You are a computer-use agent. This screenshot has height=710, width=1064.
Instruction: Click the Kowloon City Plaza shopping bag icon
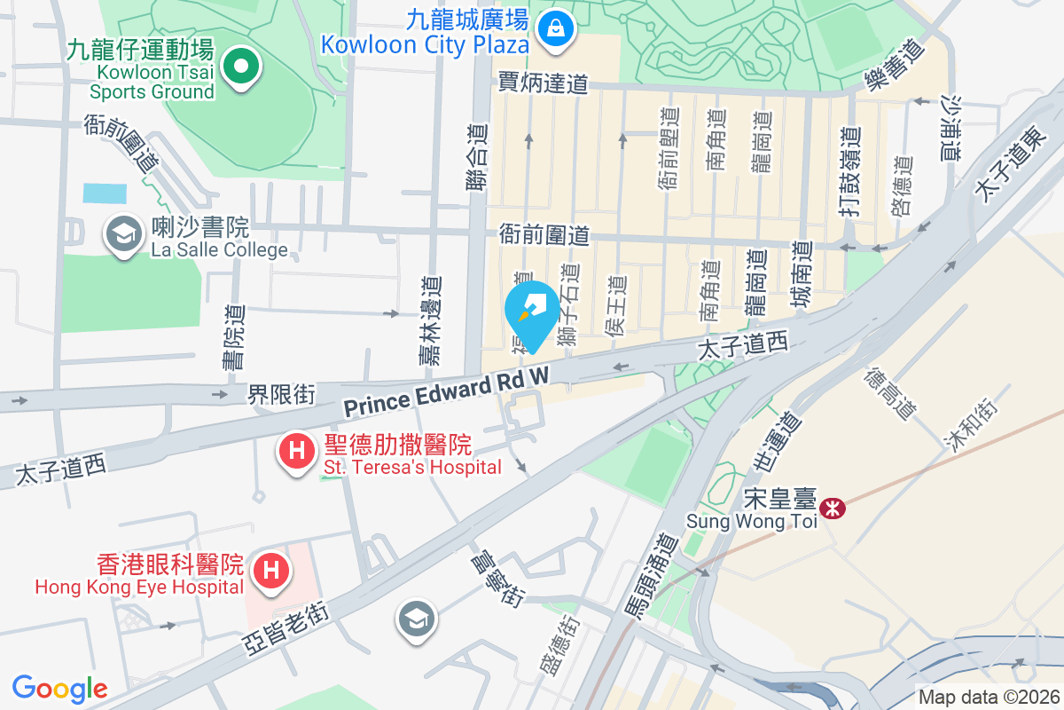[x=556, y=28]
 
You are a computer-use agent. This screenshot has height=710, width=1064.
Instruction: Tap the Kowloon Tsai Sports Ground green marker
[x=239, y=66]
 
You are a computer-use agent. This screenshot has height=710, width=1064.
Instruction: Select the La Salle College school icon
[x=123, y=235]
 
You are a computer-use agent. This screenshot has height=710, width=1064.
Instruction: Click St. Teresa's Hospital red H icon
[x=297, y=450]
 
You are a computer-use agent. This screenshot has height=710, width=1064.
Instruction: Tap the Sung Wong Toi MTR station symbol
[x=833, y=509]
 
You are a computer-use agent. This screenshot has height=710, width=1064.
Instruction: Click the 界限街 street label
[x=281, y=394]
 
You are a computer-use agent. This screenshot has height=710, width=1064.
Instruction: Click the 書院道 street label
[x=234, y=337]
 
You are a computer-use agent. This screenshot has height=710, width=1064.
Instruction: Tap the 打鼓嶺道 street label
[x=850, y=169]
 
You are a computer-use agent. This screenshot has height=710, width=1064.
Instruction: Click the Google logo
[x=60, y=688]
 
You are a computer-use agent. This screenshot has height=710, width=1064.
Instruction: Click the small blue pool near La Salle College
[x=104, y=193]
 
